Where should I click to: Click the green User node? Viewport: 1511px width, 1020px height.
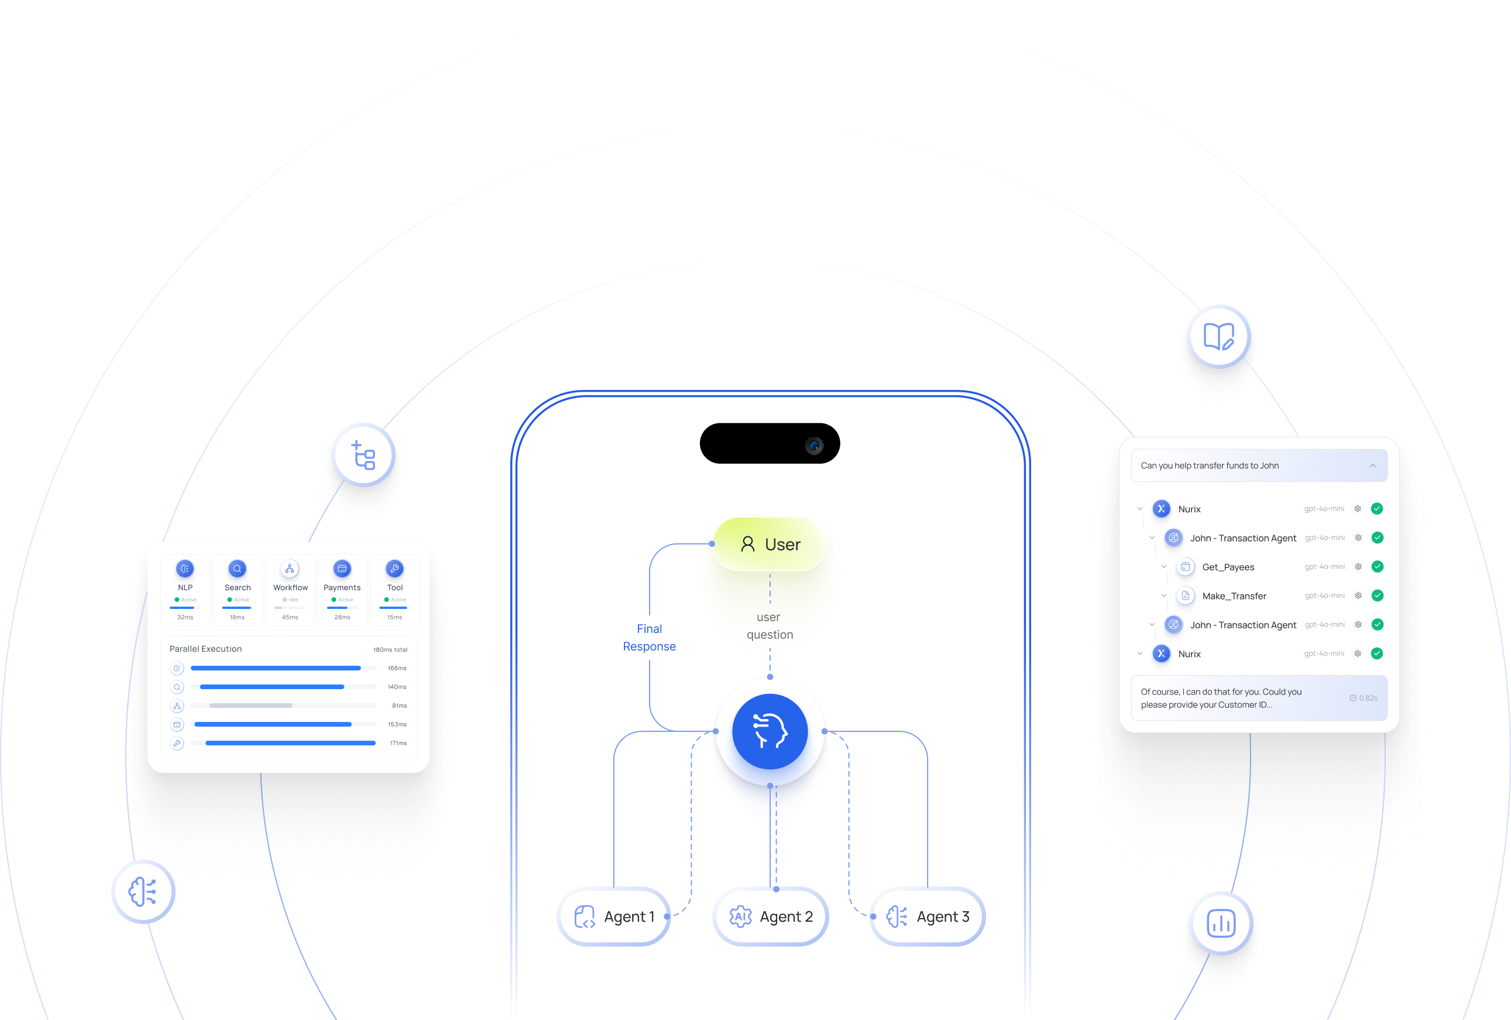pos(770,544)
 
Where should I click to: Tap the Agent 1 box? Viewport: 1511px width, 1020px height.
pos(614,916)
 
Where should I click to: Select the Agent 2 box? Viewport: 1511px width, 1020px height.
pos(771,916)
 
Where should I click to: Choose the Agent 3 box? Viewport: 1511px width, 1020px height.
pos(928,916)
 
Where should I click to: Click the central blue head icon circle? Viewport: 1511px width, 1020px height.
pos(770,731)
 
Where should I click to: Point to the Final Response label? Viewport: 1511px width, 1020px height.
pos(649,638)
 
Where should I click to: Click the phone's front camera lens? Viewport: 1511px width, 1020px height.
pos(814,445)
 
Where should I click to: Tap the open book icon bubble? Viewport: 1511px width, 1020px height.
pos(1218,336)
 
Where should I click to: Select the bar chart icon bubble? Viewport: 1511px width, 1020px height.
pos(1220,923)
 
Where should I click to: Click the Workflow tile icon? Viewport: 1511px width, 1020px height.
pos(290,569)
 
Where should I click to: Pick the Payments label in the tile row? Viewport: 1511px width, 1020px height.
pos(342,587)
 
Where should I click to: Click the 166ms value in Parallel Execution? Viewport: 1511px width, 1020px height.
pos(397,668)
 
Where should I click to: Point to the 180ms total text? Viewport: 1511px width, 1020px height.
pos(390,649)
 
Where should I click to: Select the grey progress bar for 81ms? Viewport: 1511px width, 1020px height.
pos(250,706)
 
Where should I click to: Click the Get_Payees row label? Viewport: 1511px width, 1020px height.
pos(1228,567)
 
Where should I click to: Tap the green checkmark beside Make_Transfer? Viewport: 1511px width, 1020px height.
pos(1377,595)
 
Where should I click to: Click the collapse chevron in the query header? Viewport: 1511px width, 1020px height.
pos(1372,465)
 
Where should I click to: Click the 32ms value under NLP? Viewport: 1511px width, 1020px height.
pos(186,617)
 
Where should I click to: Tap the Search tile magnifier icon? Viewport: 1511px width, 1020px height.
pos(238,569)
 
